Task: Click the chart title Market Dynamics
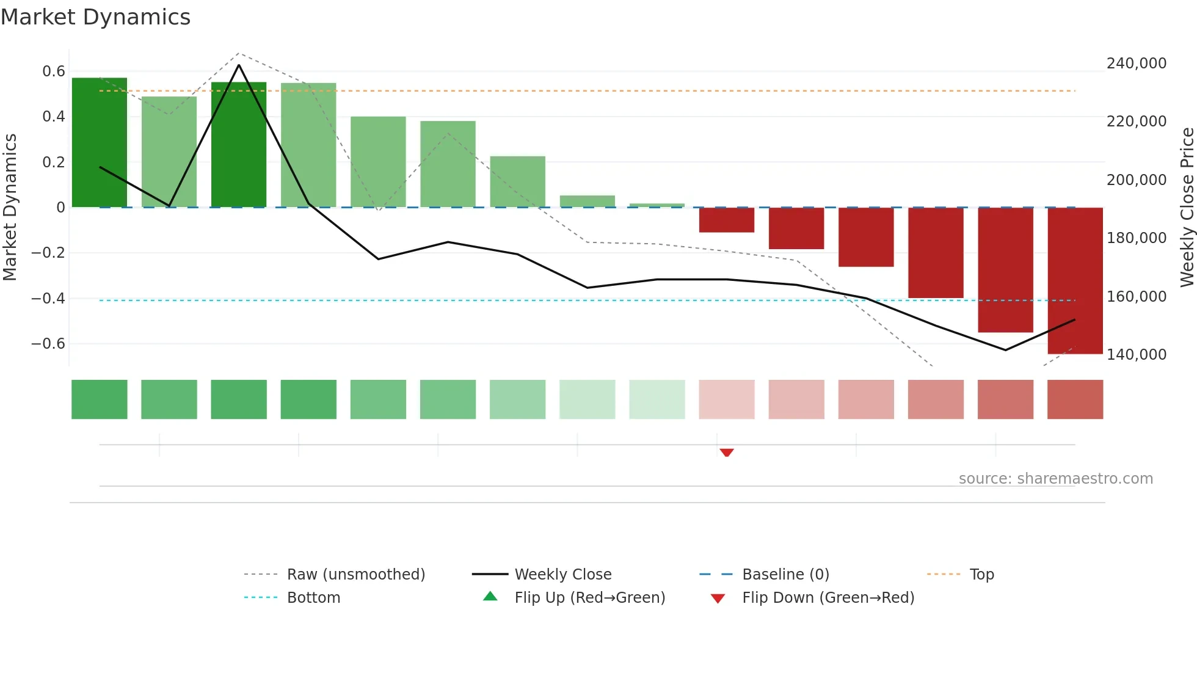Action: (95, 17)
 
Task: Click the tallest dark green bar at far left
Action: (100, 142)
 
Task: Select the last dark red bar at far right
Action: (1075, 280)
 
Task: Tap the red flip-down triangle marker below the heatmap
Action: (726, 453)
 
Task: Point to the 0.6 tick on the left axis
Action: (54, 71)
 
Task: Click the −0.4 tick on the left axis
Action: (48, 299)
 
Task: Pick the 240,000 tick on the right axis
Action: (1136, 64)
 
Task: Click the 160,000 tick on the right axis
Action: (1136, 297)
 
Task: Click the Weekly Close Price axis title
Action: (1187, 208)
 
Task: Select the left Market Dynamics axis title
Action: (10, 208)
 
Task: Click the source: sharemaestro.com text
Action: (1055, 479)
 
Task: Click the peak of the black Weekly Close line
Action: (239, 65)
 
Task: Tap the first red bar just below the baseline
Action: (726, 220)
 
